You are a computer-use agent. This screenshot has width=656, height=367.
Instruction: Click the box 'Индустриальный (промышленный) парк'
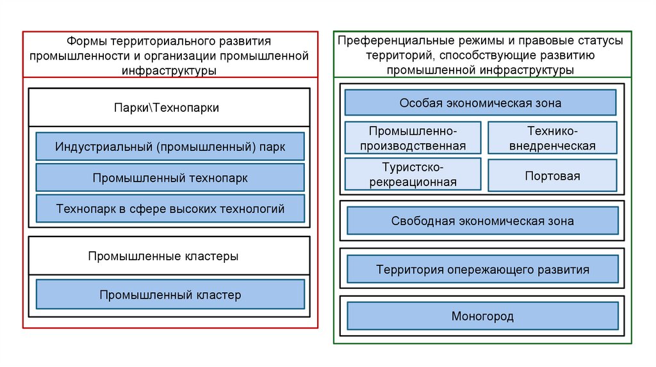[170, 146]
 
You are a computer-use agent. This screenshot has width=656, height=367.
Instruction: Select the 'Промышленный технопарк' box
[170, 178]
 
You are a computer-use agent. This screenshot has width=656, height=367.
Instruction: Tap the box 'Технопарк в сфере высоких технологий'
[170, 208]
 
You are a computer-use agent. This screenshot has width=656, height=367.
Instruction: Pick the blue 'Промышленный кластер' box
[170, 295]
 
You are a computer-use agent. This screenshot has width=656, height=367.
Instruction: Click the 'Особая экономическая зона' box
[480, 102]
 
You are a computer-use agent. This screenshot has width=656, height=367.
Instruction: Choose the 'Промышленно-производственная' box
[413, 138]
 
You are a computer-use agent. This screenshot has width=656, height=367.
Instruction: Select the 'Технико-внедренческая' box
[552, 138]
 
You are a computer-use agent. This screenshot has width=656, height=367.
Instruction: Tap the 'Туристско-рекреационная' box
[413, 175]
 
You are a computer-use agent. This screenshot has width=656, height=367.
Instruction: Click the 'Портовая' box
[552, 175]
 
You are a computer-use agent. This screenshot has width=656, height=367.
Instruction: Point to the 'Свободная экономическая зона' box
[482, 221]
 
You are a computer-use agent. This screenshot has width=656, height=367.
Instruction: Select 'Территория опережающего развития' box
[482, 269]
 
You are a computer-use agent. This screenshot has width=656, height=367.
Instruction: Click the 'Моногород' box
[482, 316]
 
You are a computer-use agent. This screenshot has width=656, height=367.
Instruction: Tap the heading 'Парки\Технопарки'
[170, 107]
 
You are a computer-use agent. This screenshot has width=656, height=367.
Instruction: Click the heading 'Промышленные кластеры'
[170, 256]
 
